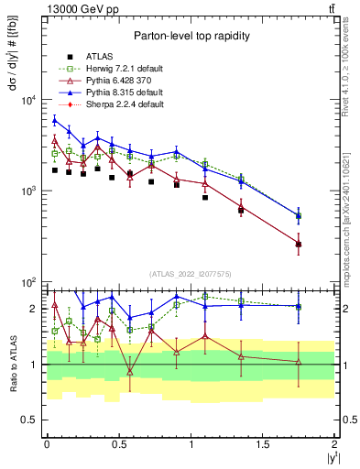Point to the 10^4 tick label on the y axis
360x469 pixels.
click(x=27, y=100)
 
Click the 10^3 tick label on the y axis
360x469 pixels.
click(x=27, y=191)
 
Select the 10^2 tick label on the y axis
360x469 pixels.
click(x=27, y=282)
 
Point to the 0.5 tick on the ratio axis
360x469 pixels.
click(x=30, y=420)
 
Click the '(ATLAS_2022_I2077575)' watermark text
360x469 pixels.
click(x=190, y=274)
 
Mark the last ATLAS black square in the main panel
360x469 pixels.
click(x=299, y=244)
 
